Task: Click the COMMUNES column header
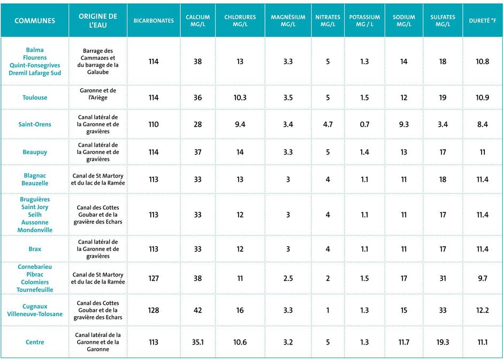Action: tap(35, 20)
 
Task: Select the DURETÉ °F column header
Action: tap(482, 20)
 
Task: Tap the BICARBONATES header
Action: tap(154, 20)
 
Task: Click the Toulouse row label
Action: tap(35, 97)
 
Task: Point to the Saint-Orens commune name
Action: tap(35, 124)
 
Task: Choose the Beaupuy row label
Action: tap(35, 152)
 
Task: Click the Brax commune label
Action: tap(35, 249)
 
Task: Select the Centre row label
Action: tap(35, 342)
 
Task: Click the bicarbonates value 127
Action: tap(154, 278)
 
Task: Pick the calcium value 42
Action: tap(197, 310)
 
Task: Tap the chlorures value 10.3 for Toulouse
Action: tap(240, 97)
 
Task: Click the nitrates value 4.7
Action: tap(328, 125)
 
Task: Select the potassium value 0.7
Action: tap(364, 125)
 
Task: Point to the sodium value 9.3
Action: tap(404, 125)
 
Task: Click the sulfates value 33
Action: tap(443, 310)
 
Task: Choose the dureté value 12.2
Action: tap(483, 310)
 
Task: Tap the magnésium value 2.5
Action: tap(288, 278)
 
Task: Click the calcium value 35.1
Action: tap(197, 342)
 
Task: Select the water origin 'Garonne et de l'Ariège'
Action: tap(98, 94)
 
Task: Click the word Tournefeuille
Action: tap(35, 290)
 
